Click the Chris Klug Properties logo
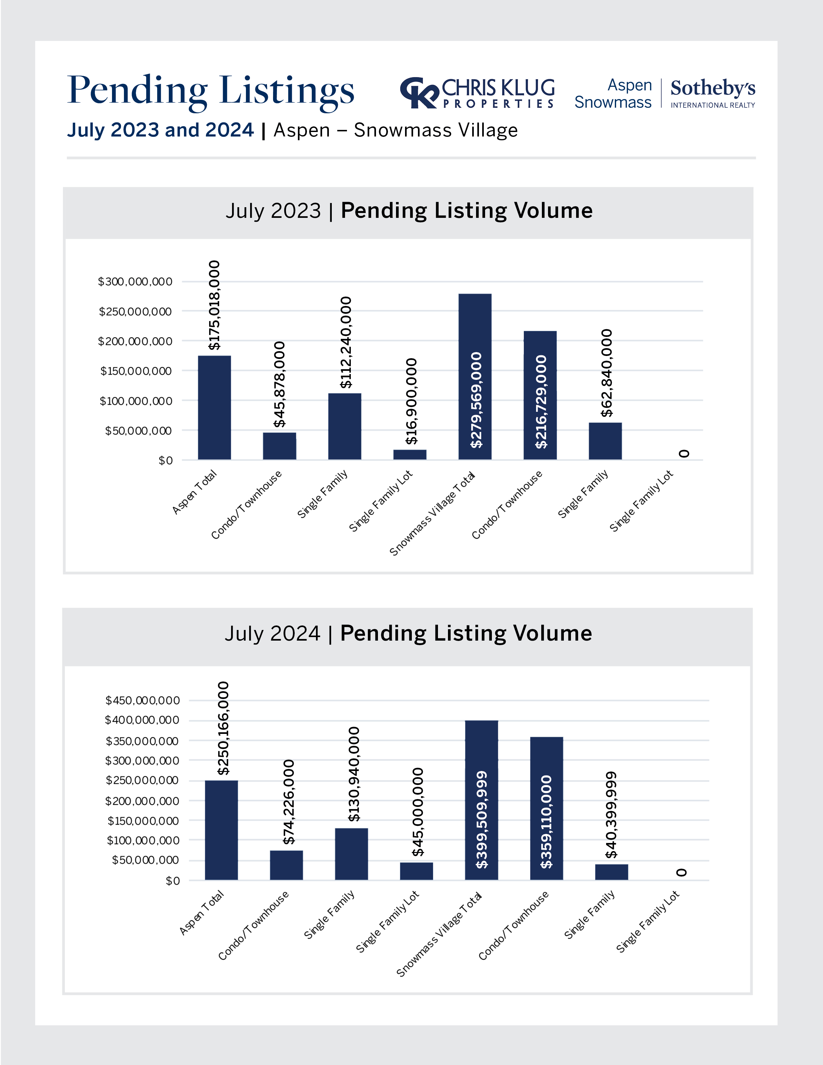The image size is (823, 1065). coord(477,93)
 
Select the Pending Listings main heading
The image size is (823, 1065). coord(211,91)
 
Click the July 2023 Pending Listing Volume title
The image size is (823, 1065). coord(409,211)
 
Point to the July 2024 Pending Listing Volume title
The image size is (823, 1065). coord(408,634)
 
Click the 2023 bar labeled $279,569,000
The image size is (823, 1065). coord(475,376)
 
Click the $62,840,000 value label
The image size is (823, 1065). coord(606,373)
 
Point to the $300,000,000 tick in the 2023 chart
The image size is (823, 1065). coord(135,282)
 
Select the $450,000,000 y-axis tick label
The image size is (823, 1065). coord(142,701)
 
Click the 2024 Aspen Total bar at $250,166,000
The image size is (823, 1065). coord(221,830)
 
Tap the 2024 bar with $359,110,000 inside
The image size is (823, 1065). coord(546,808)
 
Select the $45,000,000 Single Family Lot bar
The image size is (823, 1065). coord(416,871)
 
